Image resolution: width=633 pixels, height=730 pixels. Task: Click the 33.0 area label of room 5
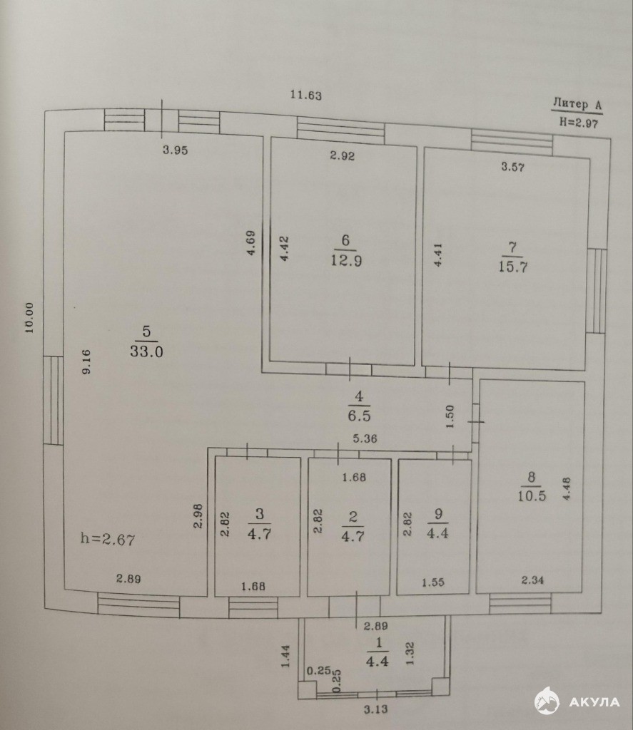(146, 351)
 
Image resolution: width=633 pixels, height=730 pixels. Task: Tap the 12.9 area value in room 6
(346, 260)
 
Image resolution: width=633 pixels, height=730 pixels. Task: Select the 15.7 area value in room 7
(512, 267)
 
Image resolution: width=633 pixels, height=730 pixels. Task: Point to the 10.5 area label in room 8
(532, 495)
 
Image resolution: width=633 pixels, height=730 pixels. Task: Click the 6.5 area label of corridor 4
(359, 416)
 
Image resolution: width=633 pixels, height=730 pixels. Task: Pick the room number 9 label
(438, 514)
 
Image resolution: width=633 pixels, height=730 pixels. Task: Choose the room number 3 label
(260, 513)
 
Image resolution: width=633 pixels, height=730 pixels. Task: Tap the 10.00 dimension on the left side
(30, 317)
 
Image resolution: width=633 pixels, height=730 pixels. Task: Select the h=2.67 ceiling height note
(108, 539)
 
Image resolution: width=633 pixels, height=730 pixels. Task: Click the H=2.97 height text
(579, 123)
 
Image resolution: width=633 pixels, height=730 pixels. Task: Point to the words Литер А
(577, 104)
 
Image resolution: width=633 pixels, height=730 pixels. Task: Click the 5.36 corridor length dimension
(365, 438)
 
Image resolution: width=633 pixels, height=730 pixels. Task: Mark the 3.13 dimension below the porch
(375, 709)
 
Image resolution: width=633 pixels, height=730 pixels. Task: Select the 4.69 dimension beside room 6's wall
(250, 243)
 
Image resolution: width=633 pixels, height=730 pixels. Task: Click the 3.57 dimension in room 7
(512, 167)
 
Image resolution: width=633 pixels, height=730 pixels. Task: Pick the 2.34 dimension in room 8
(532, 580)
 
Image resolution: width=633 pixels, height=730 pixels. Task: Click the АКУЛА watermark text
(594, 702)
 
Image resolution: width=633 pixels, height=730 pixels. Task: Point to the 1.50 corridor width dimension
(450, 417)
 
